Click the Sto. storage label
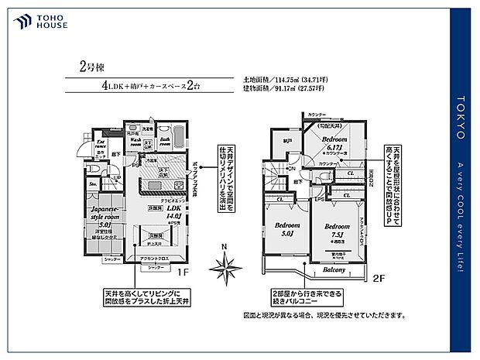[93, 183]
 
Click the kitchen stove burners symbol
[177, 185]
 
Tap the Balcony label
[334, 269]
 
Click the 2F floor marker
[380, 276]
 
